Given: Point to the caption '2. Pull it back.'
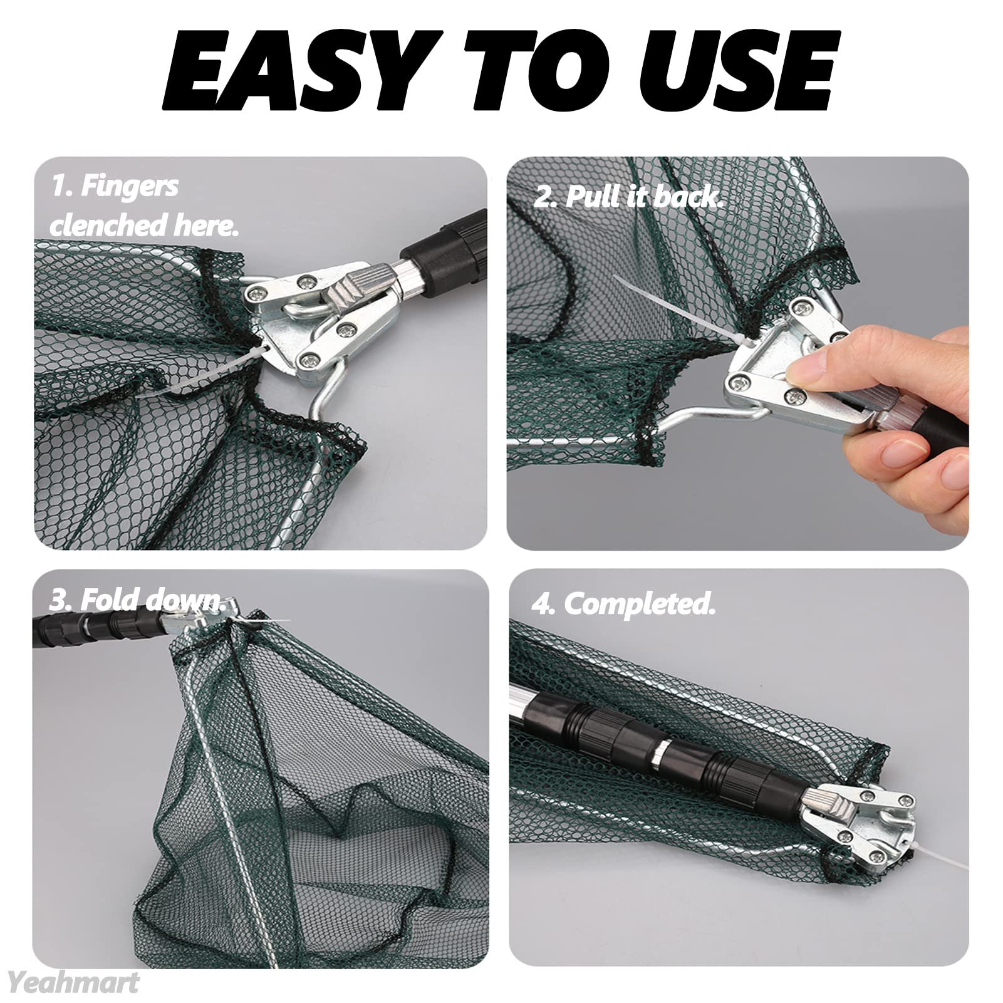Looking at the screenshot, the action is coord(628,197).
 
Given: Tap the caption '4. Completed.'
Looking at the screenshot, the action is coord(624,604).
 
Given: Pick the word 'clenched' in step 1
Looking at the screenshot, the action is coord(108,226).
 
